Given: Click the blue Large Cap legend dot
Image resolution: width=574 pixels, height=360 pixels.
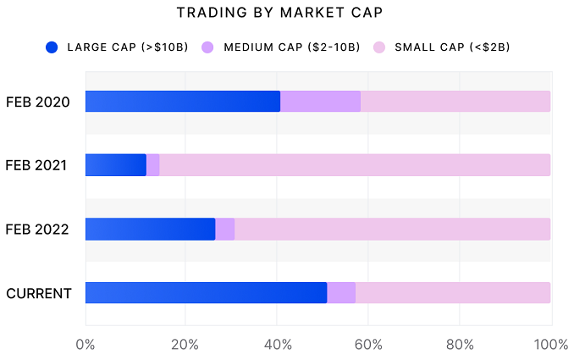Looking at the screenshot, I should tap(52, 47).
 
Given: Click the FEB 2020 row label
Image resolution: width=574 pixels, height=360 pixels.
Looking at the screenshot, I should tap(37, 102).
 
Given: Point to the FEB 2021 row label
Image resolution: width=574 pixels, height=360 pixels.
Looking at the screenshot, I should tap(37, 165).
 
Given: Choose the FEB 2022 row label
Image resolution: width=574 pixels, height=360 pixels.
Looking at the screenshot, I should tap(37, 230).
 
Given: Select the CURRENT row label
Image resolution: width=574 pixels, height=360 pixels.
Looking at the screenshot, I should tap(39, 293).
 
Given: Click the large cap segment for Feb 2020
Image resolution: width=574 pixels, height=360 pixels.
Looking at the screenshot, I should tap(183, 102).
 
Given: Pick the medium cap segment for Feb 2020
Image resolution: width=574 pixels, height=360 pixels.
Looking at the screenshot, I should tap(320, 102).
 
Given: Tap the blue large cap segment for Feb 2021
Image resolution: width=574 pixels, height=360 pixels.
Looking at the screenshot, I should tap(116, 165).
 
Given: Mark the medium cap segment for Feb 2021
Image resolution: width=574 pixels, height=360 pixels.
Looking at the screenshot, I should tap(153, 165).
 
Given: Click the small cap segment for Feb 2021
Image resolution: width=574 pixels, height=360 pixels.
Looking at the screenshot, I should tap(355, 165).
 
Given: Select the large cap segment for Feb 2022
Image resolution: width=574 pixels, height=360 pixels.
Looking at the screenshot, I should tap(151, 230).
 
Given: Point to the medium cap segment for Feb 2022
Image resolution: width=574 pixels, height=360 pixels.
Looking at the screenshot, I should tap(225, 230).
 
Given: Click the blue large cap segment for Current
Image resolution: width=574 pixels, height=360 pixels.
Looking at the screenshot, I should tap(207, 293).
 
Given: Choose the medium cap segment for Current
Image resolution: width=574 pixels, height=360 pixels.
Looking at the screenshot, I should tap(341, 293).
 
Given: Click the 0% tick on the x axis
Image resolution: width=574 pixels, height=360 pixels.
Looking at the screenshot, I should tap(85, 345).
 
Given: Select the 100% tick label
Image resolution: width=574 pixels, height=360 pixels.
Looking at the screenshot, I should tap(551, 345).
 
